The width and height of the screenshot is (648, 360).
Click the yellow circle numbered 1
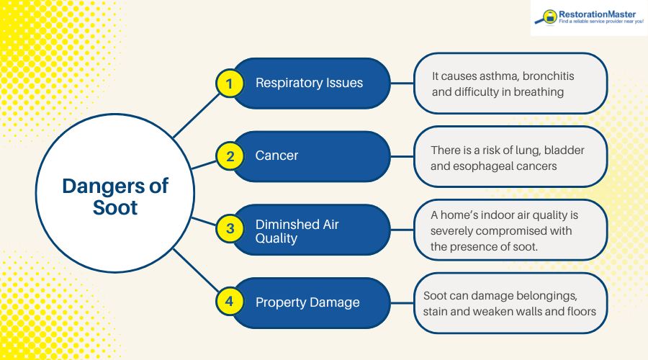[230, 84]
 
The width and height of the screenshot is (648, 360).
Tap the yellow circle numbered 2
[230, 156]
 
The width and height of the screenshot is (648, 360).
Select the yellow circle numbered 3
[230, 229]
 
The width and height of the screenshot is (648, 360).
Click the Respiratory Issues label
[309, 83]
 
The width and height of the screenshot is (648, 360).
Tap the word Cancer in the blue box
[276, 156]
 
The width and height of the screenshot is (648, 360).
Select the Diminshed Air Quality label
[297, 230]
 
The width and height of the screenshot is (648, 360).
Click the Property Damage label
[307, 302]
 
